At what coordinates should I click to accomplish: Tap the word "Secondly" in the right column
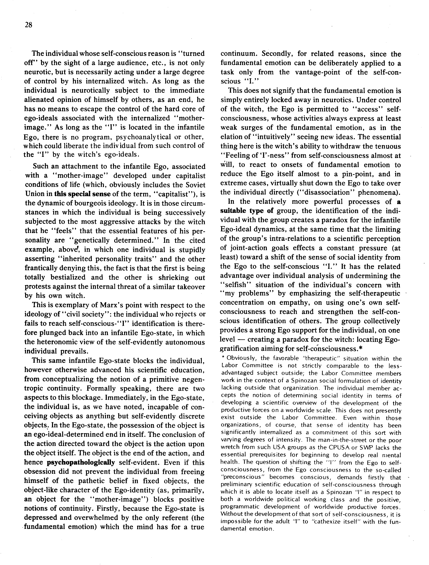(x=273, y=54)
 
